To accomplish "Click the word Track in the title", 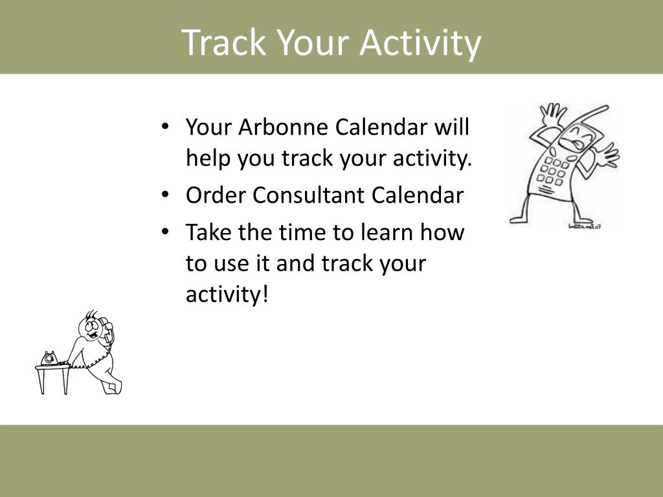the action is pos(225,42).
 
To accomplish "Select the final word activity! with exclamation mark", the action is pos(227,294).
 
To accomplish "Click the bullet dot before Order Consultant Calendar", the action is pos(165,195).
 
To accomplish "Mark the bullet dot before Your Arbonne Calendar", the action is pos(165,126).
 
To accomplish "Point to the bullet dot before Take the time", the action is pos(165,232).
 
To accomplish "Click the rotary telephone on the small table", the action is pos(49,359).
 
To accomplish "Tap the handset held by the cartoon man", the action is pos(107,329).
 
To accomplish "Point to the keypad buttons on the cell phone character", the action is pos(552,170).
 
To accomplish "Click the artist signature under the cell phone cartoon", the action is pos(585,226).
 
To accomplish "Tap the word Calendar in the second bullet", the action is pos(418,195).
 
